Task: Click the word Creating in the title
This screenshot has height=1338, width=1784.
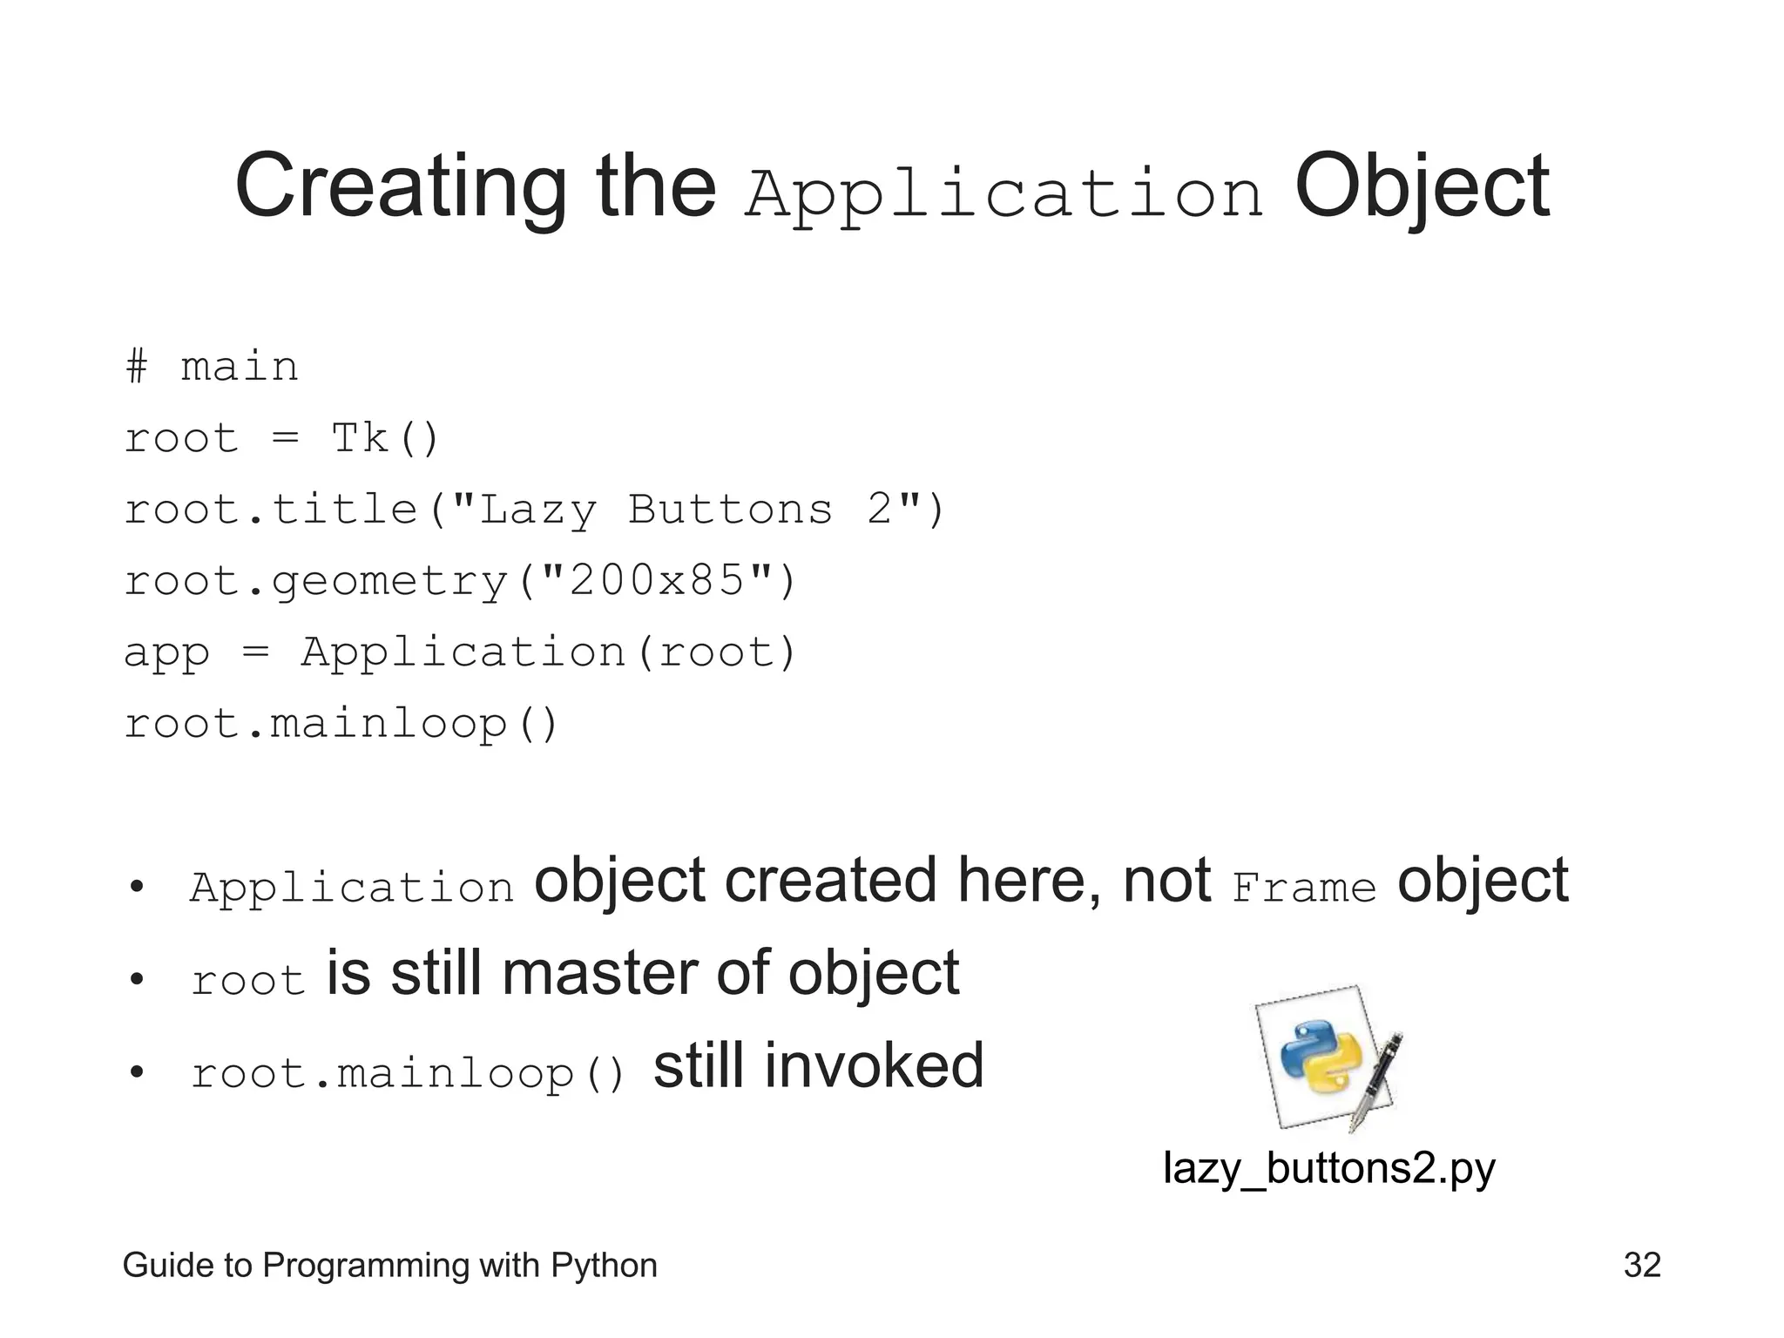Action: pos(401,187)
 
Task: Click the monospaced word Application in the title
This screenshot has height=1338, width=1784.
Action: pos(1003,193)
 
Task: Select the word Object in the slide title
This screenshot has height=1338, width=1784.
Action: pos(1421,187)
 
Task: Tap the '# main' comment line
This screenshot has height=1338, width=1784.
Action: pos(212,366)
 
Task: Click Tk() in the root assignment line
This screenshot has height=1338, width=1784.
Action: pos(385,437)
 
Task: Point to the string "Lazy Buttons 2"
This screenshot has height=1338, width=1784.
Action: pos(686,509)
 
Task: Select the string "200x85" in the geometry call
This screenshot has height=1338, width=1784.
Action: pos(657,580)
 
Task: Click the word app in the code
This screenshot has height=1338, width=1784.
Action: pos(166,653)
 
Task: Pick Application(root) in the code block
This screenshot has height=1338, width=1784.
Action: pos(548,652)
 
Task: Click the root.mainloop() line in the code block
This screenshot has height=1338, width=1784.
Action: pos(341,724)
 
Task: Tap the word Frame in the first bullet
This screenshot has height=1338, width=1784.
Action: pos(1303,888)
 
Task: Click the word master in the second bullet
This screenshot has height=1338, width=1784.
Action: pos(600,973)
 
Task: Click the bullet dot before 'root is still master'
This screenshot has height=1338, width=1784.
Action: pos(137,980)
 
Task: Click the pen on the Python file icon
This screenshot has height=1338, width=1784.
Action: pos(1379,1080)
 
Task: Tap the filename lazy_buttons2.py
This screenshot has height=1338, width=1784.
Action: pos(1328,1168)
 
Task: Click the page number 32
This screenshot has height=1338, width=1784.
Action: pos(1642,1265)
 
